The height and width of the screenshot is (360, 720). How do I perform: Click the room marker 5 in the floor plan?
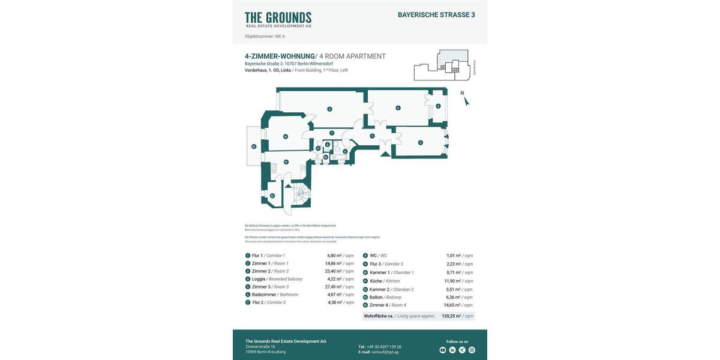coord(329,109)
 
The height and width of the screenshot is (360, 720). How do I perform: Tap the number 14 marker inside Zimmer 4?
coord(286,137)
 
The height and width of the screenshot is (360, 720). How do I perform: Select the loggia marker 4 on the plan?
coord(438,106)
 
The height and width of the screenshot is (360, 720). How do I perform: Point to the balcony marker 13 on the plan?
coord(253,146)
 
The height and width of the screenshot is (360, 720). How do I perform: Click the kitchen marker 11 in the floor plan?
coord(286,162)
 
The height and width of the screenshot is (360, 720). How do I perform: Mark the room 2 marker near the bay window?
coord(421,142)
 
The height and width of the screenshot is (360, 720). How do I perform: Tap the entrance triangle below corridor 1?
coord(383,155)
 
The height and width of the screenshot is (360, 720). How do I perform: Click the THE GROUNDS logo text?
coord(278,17)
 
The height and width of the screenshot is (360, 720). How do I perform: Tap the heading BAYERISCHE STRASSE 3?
coord(436,15)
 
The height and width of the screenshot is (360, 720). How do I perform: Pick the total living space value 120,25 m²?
coord(451,316)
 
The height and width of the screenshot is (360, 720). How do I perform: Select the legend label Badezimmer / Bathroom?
coord(275,295)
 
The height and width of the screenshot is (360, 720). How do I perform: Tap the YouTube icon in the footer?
coord(443,350)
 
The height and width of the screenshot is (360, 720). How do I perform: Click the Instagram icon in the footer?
coord(472,350)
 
